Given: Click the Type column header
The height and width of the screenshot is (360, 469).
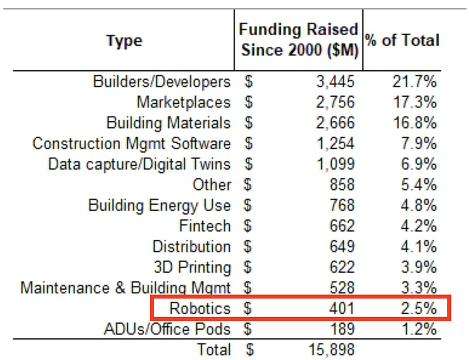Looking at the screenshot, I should click(124, 40).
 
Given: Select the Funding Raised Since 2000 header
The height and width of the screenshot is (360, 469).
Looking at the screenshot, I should click(299, 39).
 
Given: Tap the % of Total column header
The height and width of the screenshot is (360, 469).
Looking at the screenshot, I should click(402, 40).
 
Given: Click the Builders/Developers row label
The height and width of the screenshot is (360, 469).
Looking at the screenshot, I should click(162, 81).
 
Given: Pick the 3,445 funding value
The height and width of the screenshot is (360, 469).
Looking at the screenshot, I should click(336, 81).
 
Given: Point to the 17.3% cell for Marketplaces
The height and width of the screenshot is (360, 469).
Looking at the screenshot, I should click(414, 102).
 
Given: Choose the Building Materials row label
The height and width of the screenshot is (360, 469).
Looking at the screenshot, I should click(169, 123).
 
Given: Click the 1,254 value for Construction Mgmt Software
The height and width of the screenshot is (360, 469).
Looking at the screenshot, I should click(336, 144).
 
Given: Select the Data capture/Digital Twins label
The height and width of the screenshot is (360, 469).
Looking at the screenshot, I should click(140, 164).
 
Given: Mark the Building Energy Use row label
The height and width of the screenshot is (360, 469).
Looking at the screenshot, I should click(159, 205).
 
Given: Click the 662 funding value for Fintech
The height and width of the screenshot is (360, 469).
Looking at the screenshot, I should click(342, 226).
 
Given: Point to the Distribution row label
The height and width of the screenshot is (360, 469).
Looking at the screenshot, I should click(192, 246).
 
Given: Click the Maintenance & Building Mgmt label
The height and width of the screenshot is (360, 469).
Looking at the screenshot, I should click(125, 288).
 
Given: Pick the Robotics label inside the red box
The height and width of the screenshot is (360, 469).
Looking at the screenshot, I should click(200, 308).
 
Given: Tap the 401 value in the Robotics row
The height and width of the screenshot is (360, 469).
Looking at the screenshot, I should click(342, 308).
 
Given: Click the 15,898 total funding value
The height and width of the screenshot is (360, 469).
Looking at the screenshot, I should click(332, 350).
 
